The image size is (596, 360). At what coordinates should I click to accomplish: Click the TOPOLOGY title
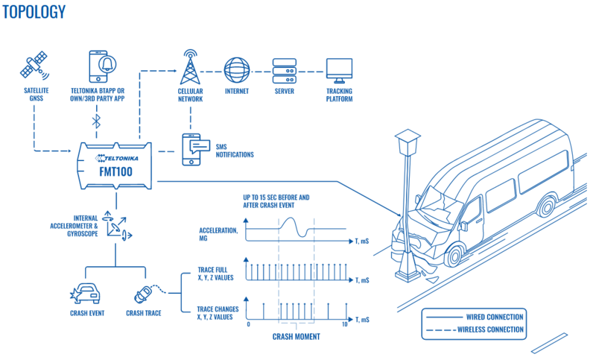[34, 12]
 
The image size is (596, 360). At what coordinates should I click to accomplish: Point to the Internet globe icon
[237, 71]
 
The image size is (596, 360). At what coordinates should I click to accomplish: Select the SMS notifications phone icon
[195, 149]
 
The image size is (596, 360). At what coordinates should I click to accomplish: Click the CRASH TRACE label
[145, 313]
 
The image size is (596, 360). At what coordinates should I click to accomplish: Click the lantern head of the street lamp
[407, 142]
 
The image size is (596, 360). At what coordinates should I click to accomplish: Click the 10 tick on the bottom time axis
[343, 325]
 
